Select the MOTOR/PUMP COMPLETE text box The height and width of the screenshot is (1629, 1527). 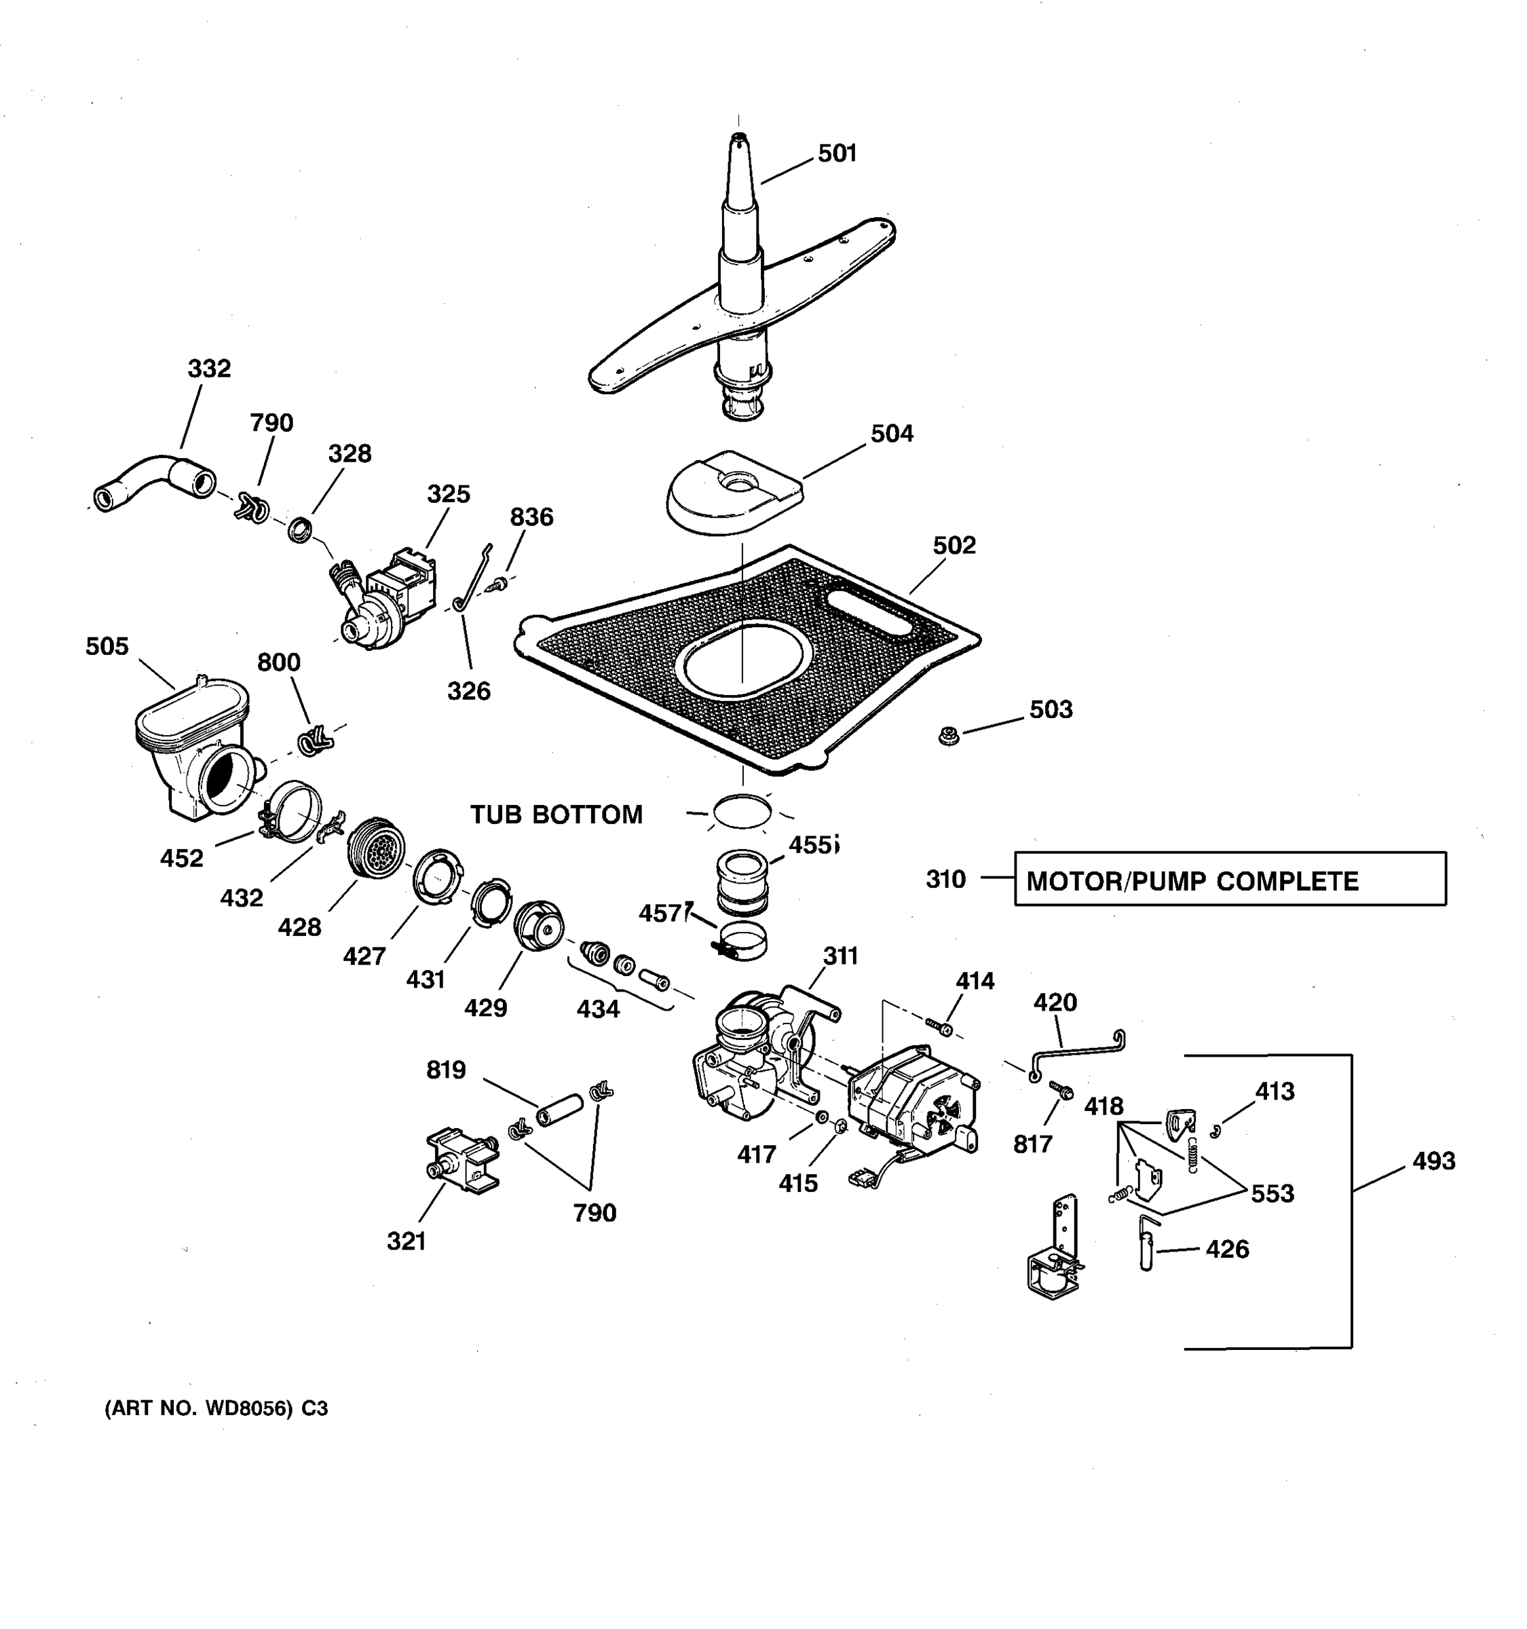tap(1229, 878)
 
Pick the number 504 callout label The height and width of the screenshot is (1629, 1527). tap(891, 434)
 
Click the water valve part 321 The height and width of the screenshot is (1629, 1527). tap(462, 1159)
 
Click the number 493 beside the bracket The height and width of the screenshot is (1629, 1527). tap(1433, 1161)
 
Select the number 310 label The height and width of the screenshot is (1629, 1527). tap(945, 879)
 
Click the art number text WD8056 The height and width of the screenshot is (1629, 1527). tap(215, 1408)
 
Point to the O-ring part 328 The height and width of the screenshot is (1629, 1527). tap(301, 529)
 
